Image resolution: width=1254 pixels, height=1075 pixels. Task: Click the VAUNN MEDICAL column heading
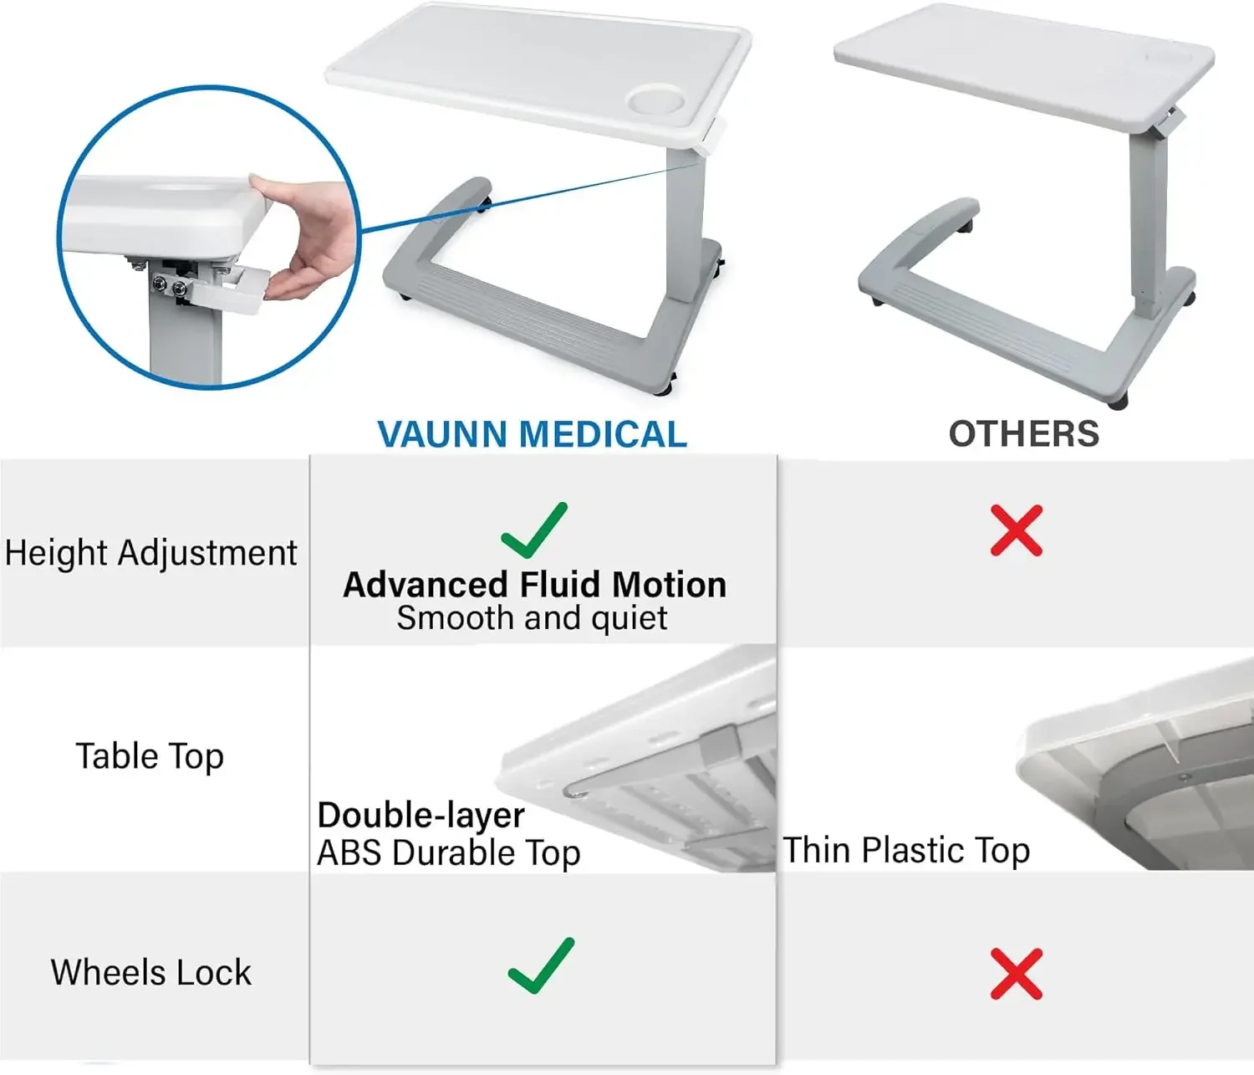coord(532,434)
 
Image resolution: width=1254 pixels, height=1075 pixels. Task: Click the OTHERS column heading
coord(1023,433)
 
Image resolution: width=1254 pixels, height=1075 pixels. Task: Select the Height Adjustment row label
coord(150,553)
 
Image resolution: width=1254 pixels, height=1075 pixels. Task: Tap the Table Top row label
coord(150,756)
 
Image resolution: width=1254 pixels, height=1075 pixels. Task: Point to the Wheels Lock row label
coord(150,972)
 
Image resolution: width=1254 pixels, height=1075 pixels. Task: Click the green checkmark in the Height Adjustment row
coord(535,531)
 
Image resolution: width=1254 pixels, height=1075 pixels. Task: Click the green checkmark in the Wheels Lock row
coord(542,966)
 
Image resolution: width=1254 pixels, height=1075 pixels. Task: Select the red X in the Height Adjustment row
coord(1016,530)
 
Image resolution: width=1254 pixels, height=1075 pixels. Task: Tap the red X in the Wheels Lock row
coord(1016,974)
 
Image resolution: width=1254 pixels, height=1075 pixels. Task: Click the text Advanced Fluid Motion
coord(534,585)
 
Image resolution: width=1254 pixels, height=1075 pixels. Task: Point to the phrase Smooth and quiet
coord(532,618)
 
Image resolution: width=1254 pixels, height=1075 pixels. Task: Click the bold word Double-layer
coord(421,815)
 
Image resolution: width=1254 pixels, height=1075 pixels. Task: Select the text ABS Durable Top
coord(448,853)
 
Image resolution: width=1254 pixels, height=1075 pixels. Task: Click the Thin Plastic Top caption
coord(906,850)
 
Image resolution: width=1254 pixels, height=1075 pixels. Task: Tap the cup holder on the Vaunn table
coord(655,100)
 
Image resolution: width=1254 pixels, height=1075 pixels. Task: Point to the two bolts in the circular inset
coord(168,288)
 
